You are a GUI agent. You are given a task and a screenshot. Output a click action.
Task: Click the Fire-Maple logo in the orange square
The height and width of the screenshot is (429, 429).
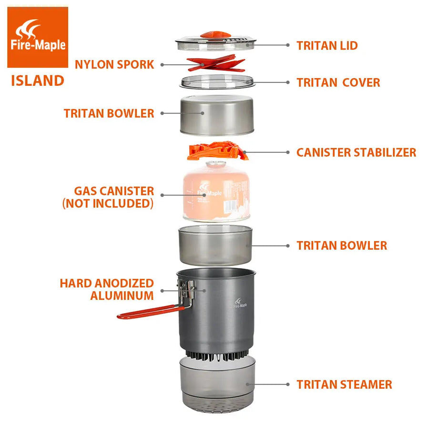click(38, 37)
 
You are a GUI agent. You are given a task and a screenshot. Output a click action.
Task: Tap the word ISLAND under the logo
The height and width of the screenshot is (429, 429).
click(38, 81)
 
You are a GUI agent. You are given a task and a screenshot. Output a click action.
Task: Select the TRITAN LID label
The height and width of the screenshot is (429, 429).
click(327, 45)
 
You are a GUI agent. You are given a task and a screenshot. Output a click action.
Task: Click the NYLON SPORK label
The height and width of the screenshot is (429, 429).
click(114, 64)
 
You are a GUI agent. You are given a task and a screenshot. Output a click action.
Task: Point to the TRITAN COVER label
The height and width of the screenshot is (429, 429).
click(338, 82)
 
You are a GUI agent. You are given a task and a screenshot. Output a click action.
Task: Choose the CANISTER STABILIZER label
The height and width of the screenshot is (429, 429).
click(356, 153)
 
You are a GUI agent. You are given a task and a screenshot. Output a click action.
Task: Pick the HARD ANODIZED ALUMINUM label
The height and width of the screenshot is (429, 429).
click(107, 289)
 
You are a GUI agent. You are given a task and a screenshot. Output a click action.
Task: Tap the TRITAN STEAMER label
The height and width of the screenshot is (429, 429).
click(344, 384)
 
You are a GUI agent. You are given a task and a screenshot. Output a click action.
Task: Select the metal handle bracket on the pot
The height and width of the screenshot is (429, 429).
click(186, 293)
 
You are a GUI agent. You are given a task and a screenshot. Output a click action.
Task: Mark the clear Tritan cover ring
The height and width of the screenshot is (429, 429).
click(217, 82)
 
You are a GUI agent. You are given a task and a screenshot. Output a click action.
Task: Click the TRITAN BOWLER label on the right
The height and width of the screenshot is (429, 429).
click(342, 245)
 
